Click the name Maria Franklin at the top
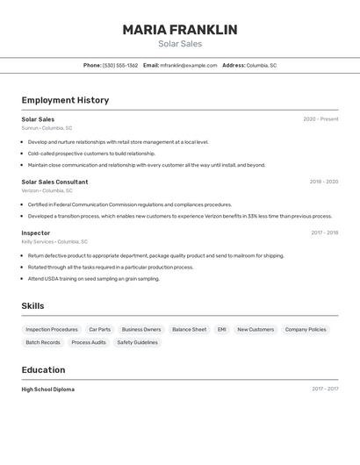(x=180, y=30)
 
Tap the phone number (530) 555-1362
(x=120, y=65)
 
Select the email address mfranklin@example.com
(x=189, y=65)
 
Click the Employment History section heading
(x=65, y=100)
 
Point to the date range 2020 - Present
(x=320, y=119)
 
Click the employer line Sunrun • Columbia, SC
(x=47, y=128)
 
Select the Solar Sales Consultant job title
(x=54, y=182)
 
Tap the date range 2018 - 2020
(x=323, y=182)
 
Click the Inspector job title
(x=36, y=232)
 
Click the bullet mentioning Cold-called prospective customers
(x=91, y=154)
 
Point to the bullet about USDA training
(x=94, y=279)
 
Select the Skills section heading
(x=33, y=305)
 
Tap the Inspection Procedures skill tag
(x=52, y=330)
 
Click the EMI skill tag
(x=222, y=330)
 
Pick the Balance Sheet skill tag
(x=189, y=330)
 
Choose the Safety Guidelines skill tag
(x=137, y=342)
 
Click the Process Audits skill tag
(x=89, y=342)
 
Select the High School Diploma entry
(x=48, y=389)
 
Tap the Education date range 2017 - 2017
(x=324, y=389)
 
